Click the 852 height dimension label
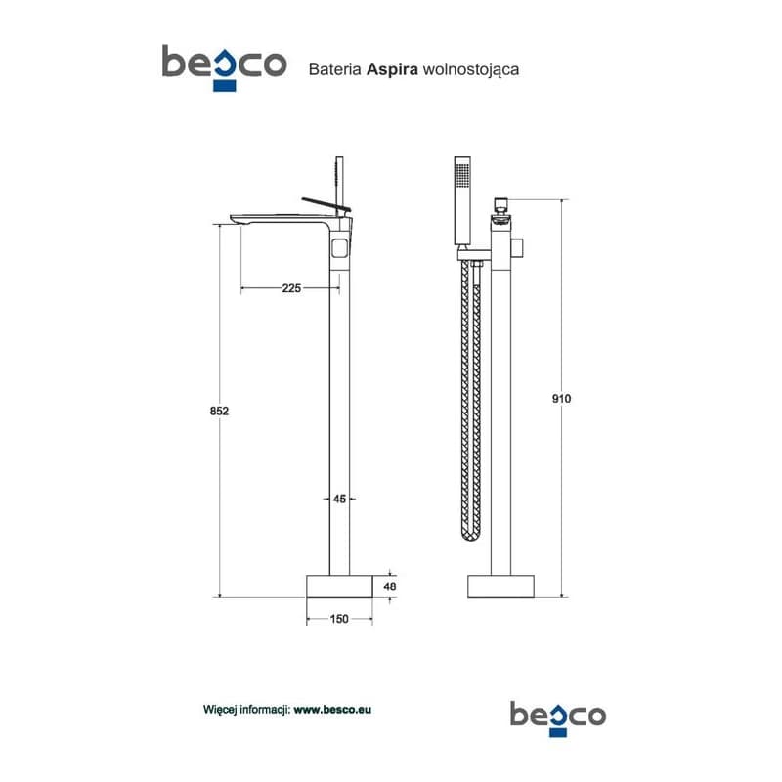[219, 411]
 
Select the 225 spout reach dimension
[291, 288]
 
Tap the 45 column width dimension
[339, 499]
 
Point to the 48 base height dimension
[389, 586]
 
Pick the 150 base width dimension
[339, 619]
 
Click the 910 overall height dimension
[561, 399]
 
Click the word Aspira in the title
[392, 69]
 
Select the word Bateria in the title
[334, 69]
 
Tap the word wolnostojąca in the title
[471, 69]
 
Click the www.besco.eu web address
[332, 710]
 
